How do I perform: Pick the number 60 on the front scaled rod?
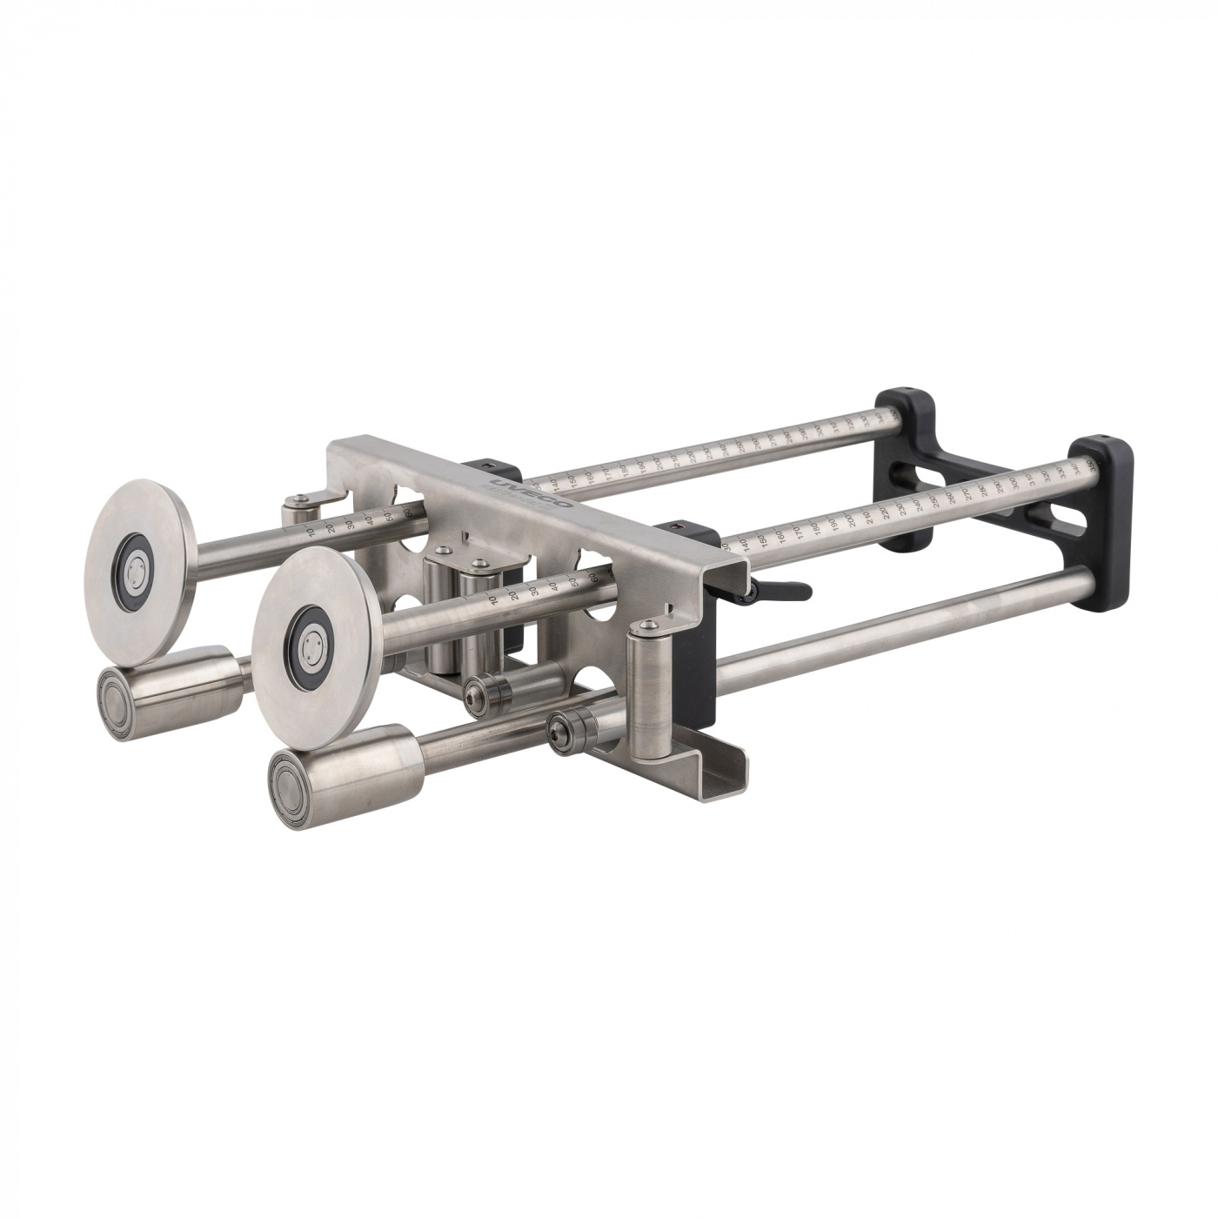click(x=594, y=575)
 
